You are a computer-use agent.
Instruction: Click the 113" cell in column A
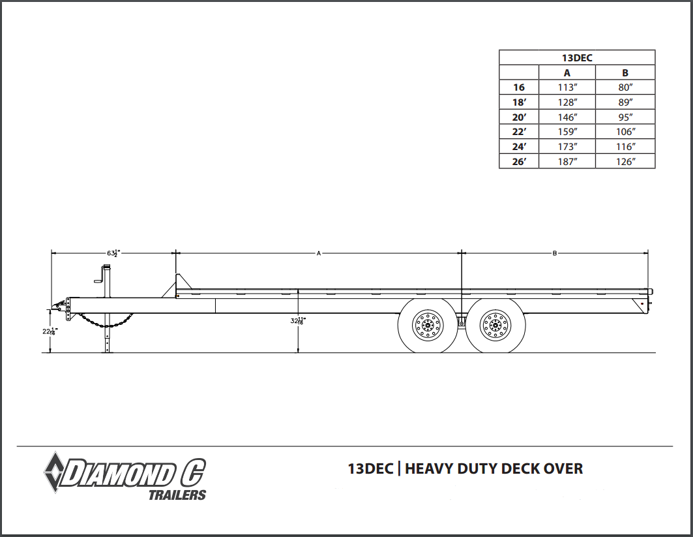pos(567,87)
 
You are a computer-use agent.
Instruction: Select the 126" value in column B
pos(625,161)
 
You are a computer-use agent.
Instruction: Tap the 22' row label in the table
pos(518,132)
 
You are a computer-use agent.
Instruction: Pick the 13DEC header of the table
pos(577,57)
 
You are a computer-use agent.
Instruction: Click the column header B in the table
pos(625,73)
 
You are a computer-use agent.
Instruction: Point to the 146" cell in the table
pos(567,117)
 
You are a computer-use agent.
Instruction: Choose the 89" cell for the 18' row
pos(625,102)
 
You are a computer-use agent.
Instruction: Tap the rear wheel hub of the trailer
pos(495,326)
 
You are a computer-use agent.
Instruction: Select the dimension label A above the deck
pos(319,253)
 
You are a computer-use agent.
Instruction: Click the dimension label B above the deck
pos(554,253)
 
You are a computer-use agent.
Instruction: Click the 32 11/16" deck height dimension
pos(299,321)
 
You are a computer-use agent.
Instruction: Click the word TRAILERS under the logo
pos(177,495)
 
